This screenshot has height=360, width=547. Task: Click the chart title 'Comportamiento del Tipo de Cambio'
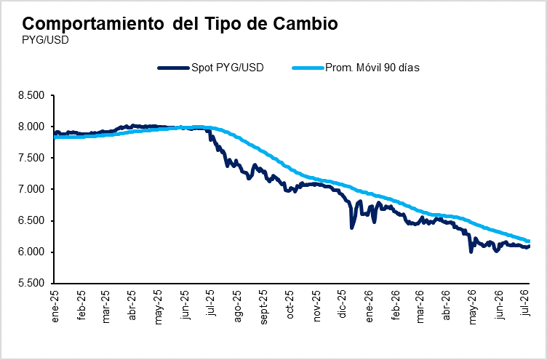(180, 24)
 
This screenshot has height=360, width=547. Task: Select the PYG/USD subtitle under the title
(45, 40)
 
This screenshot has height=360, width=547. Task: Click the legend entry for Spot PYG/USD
(211, 68)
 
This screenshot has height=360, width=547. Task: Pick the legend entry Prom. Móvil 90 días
(356, 68)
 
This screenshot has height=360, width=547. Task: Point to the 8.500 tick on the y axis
(32, 95)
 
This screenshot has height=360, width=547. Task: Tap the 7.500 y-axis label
(32, 158)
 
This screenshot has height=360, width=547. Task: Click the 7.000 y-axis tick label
(32, 189)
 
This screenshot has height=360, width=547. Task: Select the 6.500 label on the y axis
(32, 221)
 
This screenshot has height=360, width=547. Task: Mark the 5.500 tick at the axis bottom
(32, 283)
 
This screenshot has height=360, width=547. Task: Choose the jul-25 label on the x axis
(212, 302)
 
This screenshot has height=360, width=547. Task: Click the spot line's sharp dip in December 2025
(351, 228)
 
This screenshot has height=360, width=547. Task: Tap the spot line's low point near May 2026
(471, 252)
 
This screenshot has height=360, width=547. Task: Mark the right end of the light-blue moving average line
(529, 241)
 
